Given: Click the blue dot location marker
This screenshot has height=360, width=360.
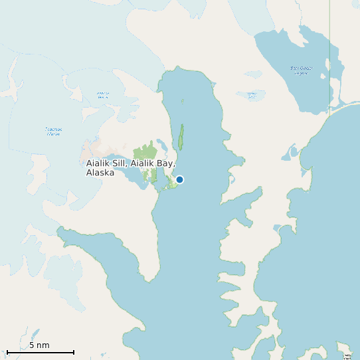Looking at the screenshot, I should tap(179, 179).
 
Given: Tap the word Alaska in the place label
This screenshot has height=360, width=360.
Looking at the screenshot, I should tap(100, 173).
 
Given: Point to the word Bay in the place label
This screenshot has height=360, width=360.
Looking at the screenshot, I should tap(165, 163).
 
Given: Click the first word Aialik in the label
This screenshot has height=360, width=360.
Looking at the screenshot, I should tap(98, 163).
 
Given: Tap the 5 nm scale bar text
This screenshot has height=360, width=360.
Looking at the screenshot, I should tap(39, 345).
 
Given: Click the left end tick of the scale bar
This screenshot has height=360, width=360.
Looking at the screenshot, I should tap(7, 351).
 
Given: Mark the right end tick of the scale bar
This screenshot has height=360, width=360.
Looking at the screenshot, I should tap(74, 351).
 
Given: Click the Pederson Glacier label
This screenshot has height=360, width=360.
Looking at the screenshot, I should tap(53, 131).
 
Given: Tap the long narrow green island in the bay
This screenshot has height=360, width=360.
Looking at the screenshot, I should tap(180, 136).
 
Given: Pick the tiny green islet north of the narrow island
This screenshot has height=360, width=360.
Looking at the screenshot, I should tap(182, 102).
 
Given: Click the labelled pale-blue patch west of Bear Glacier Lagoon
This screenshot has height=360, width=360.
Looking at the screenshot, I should tap(252, 96).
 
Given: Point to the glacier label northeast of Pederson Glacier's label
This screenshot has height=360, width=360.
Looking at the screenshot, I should tap(102, 95).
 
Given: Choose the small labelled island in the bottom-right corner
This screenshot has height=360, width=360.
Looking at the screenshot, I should tap(345, 354).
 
